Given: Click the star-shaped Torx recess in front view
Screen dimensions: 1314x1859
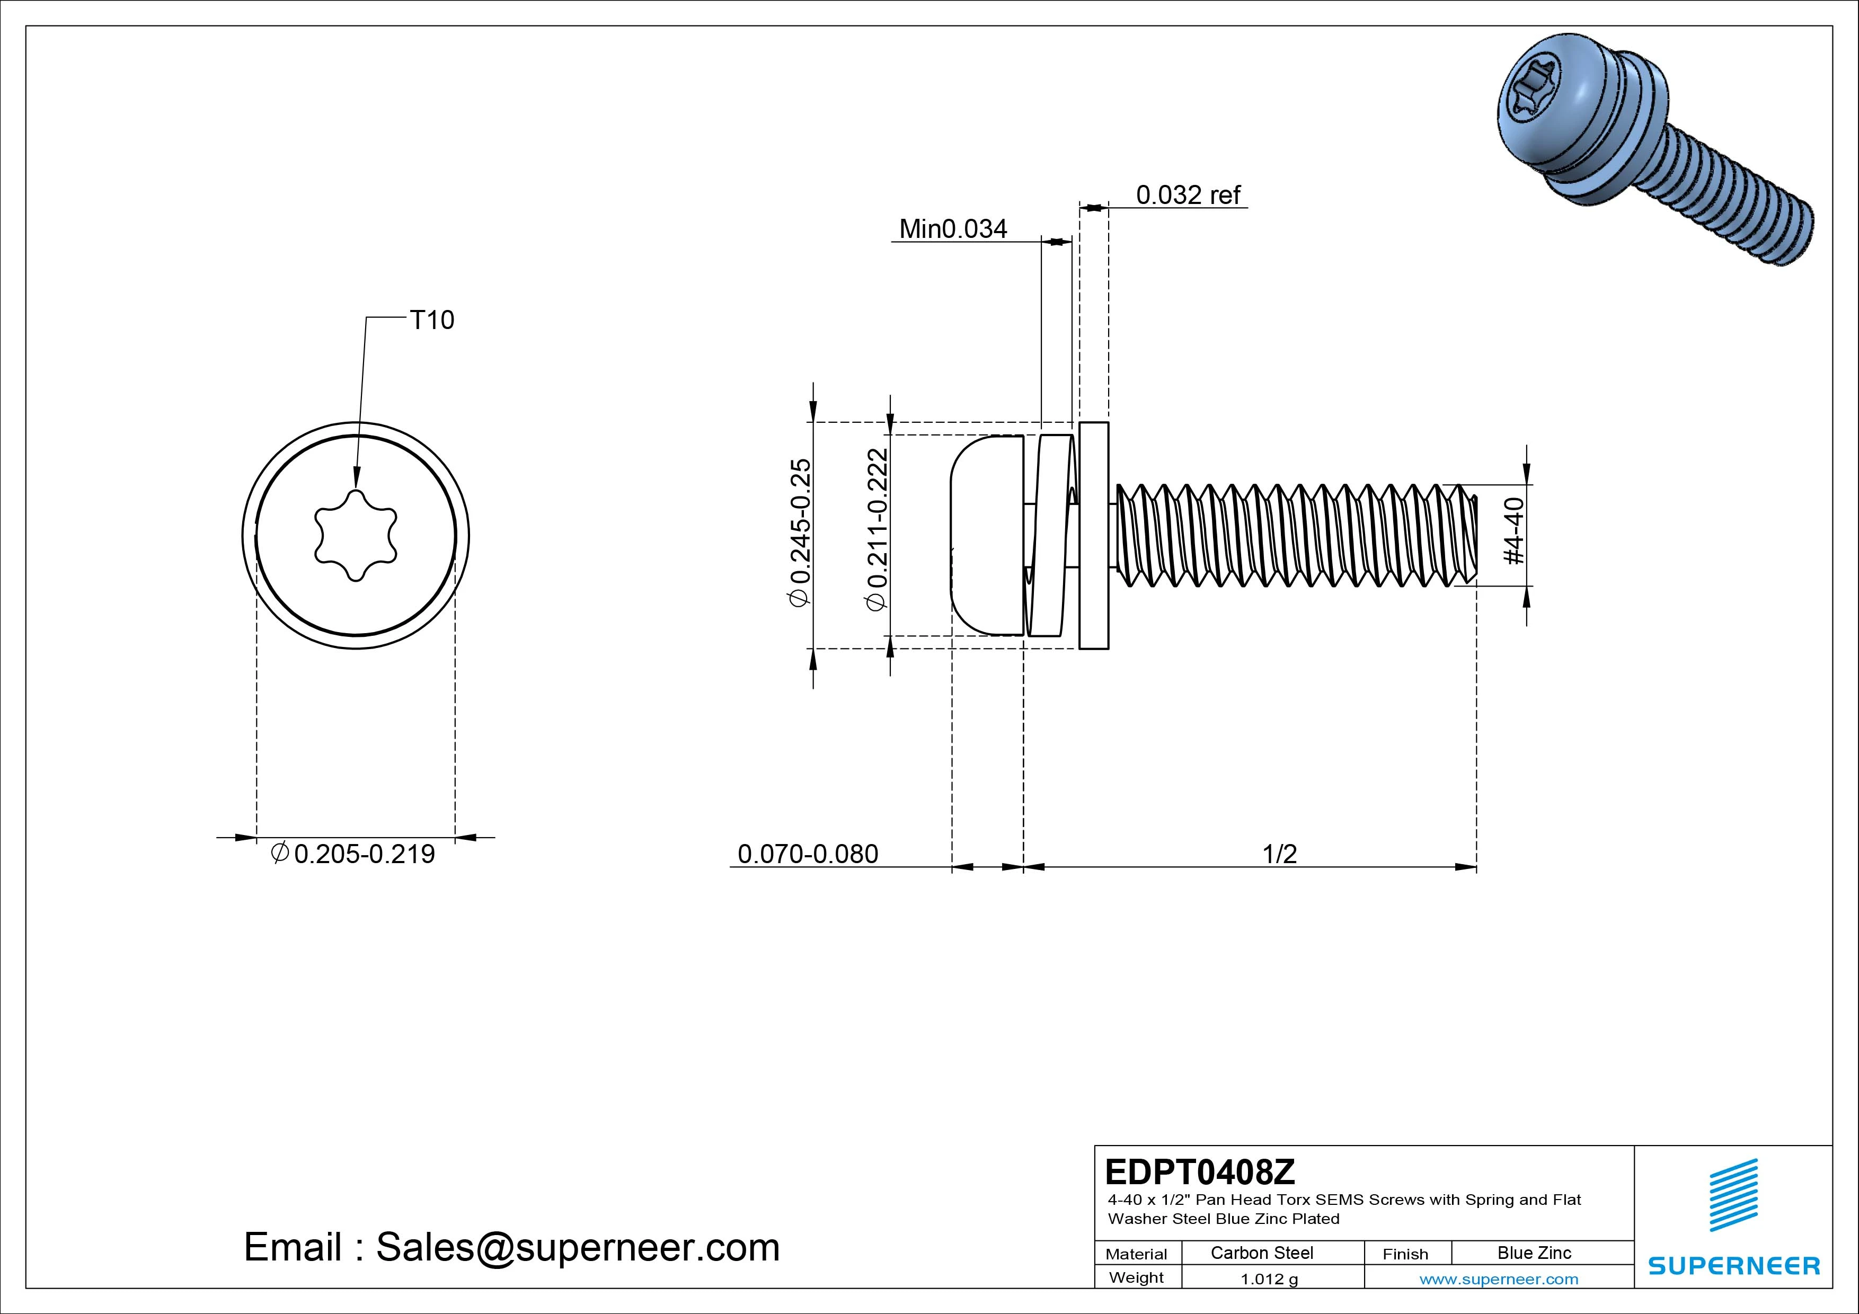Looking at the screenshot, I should tap(356, 535).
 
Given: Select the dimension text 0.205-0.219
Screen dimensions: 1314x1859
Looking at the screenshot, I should tap(364, 854).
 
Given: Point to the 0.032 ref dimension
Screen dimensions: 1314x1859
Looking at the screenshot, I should tap(1188, 195).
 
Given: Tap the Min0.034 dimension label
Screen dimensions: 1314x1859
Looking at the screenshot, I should tap(953, 229).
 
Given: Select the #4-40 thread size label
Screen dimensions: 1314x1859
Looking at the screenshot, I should tap(1512, 531).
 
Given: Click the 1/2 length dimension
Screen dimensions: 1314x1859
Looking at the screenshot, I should tap(1279, 854).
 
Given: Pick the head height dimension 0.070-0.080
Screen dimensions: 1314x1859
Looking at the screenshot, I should tap(808, 854).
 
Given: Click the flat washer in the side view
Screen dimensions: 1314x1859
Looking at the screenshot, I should tap(1094, 535).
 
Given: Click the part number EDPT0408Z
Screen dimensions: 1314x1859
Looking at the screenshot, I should tap(1200, 1171).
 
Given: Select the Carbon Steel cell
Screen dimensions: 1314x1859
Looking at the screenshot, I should tap(1261, 1253).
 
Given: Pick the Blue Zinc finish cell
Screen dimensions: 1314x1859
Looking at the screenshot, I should tap(1534, 1253).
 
